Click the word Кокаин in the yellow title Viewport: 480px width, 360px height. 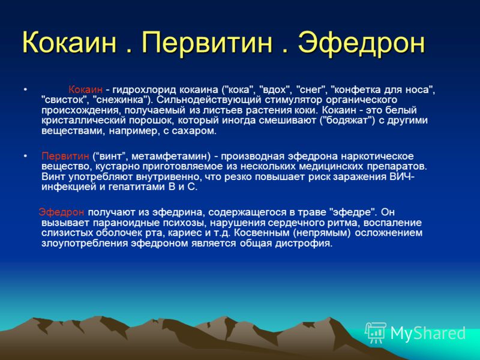pos(70,42)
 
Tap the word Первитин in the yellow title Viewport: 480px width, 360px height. pos(206,42)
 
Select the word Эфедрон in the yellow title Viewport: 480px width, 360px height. pos(362,42)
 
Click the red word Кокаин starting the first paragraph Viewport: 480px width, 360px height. pos(85,89)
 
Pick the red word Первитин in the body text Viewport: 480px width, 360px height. pos(65,156)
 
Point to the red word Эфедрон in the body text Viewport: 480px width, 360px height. pos(61,212)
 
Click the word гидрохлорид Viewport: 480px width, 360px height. pos(144,89)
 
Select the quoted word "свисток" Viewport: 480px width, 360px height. pos(65,100)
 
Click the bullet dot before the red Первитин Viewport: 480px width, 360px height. pos(25,156)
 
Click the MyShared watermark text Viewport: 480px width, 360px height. pos(428,334)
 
